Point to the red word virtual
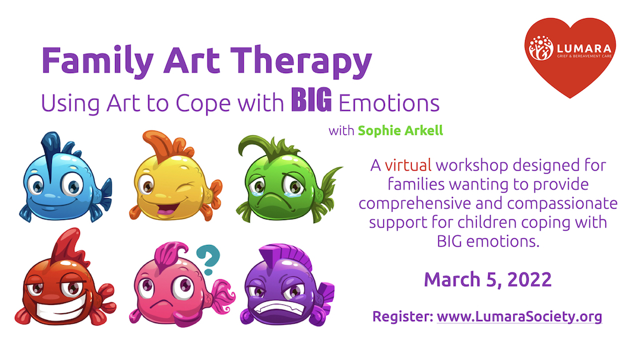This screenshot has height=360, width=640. (407, 166)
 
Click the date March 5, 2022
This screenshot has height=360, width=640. (487, 279)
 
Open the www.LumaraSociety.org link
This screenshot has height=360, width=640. (519, 316)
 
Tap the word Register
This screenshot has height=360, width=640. (402, 316)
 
